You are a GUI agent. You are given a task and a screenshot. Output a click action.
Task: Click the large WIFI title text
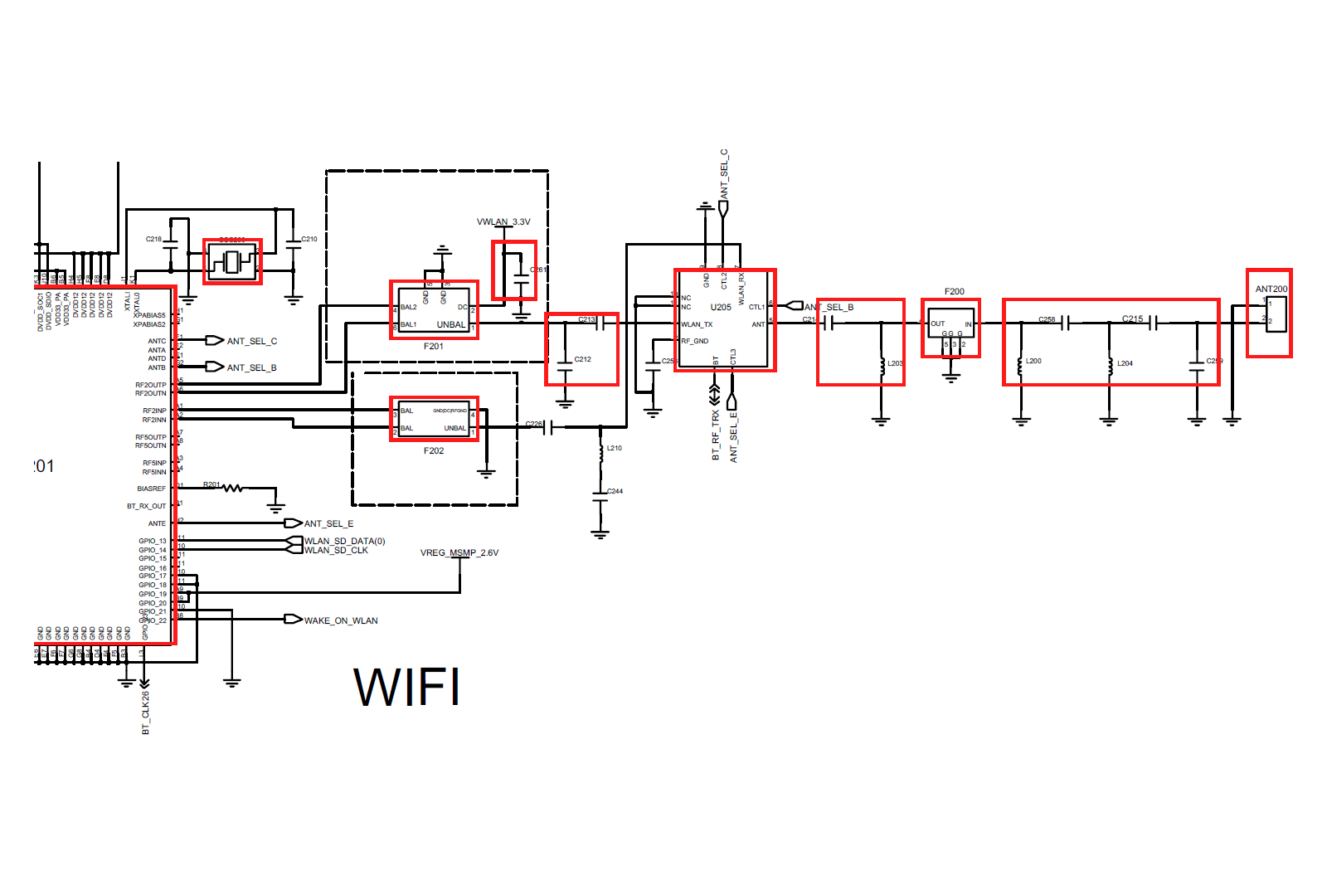point(406,687)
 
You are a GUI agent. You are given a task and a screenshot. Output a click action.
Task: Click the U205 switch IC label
point(721,307)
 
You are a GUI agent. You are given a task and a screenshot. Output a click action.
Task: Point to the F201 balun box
point(434,309)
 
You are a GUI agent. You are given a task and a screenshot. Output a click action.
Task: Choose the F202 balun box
point(434,419)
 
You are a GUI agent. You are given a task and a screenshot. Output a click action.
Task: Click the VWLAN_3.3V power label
point(503,222)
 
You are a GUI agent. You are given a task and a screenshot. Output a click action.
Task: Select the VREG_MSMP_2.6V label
point(459,553)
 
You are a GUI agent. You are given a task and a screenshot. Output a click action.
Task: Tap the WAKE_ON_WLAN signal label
point(341,620)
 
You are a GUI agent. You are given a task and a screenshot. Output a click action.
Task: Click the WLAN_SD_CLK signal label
point(336,551)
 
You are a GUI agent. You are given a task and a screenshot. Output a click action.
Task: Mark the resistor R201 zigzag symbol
point(233,489)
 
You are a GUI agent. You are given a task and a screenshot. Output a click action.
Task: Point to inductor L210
point(601,450)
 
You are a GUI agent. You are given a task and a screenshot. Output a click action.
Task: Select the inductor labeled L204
point(1110,363)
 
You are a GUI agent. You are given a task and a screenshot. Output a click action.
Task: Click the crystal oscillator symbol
point(232,262)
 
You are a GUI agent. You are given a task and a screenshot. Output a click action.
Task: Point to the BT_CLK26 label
point(146,712)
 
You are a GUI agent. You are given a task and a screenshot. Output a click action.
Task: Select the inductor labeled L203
point(882,365)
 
